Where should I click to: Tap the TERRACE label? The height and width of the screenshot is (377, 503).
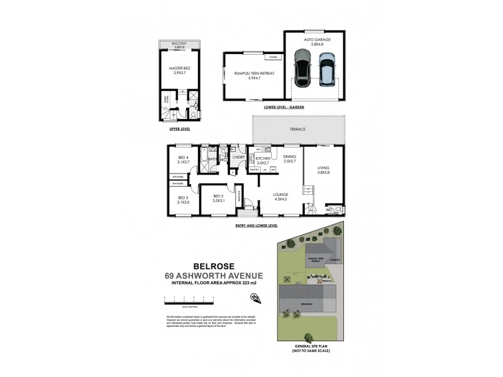[298, 129]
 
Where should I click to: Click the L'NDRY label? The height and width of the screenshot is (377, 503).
[239, 156]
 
